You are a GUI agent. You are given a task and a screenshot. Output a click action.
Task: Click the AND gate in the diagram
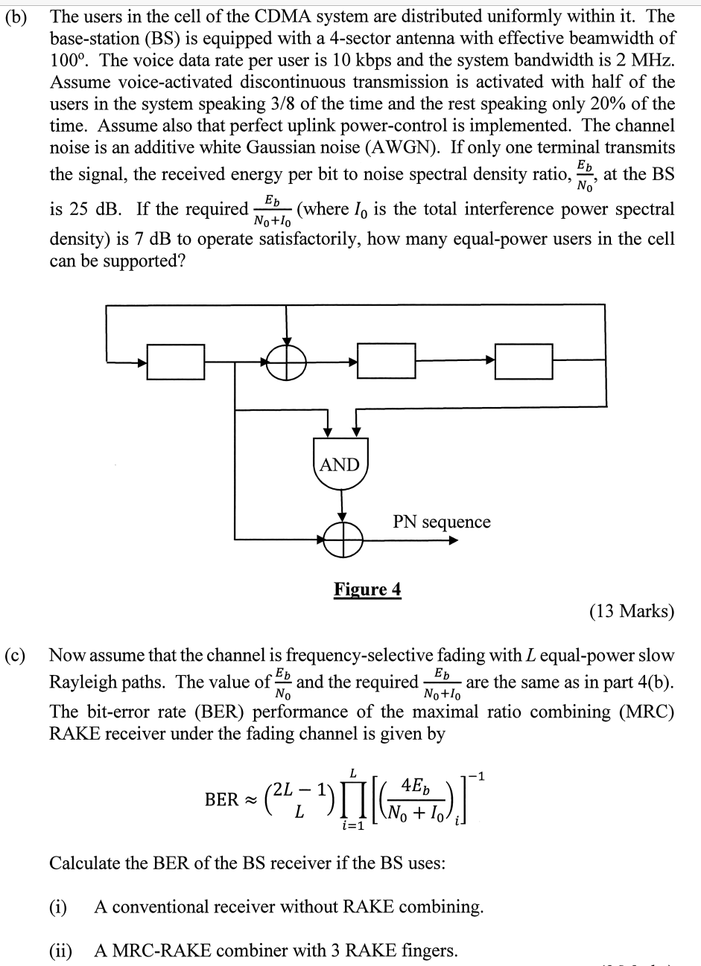coord(340,468)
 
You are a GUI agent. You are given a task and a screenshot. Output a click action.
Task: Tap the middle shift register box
coord(386,362)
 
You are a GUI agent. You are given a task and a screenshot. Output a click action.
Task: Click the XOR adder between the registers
coord(288,362)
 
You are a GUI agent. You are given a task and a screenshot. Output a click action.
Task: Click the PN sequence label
coord(442,522)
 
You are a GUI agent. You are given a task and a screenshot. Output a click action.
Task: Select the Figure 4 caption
coord(367,590)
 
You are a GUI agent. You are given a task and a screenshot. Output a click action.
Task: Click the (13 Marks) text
coord(631,612)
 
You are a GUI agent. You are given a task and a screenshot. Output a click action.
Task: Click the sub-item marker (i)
coord(58,907)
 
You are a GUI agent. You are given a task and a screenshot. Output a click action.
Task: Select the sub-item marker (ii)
coord(61,950)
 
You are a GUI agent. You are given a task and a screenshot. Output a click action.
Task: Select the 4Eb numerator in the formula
coord(413,784)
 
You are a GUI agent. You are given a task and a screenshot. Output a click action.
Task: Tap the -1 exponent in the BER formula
coord(482,777)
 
